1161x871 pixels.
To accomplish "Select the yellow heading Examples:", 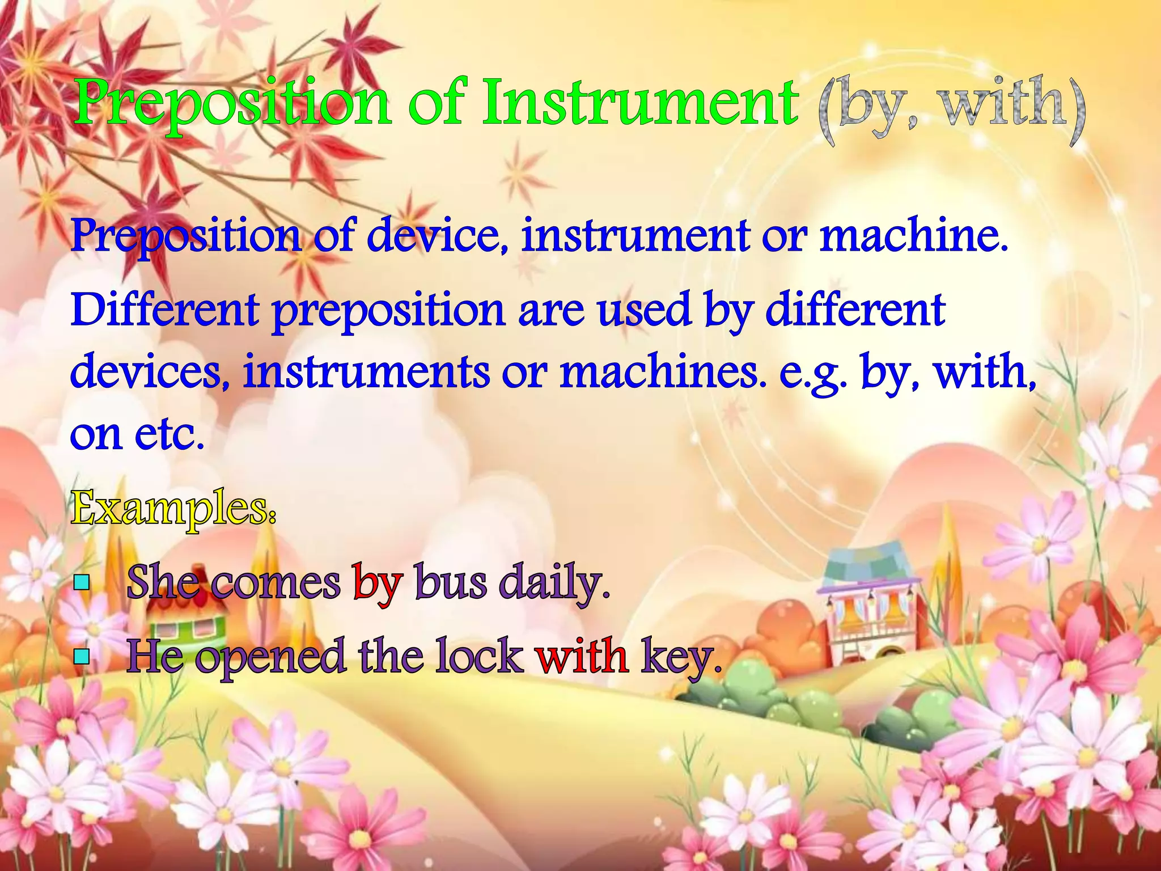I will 173,508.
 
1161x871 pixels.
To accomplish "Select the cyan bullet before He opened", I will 82,656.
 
